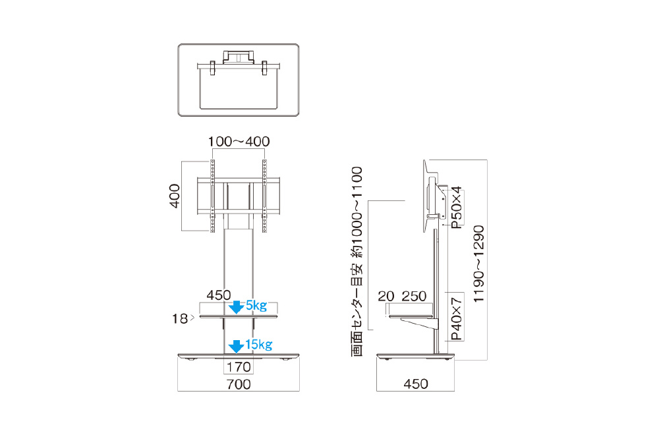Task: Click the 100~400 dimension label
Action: click(x=239, y=141)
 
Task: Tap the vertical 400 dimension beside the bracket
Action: click(x=175, y=196)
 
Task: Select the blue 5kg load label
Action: click(x=256, y=305)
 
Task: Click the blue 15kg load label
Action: click(x=259, y=344)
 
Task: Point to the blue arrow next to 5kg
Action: click(x=236, y=307)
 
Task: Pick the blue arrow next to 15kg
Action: click(x=236, y=347)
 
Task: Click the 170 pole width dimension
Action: click(x=239, y=367)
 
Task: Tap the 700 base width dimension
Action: click(x=239, y=384)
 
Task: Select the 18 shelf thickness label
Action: click(x=180, y=319)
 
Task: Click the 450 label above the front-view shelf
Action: click(x=219, y=295)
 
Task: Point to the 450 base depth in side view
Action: click(x=416, y=384)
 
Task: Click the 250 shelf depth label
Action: click(x=414, y=297)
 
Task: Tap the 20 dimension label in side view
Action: click(x=386, y=297)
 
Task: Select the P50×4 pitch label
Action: click(x=457, y=207)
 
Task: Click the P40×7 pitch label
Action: click(x=457, y=319)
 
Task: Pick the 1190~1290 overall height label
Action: click(x=479, y=264)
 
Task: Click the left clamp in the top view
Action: click(x=212, y=68)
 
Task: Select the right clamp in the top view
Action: click(x=264, y=68)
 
